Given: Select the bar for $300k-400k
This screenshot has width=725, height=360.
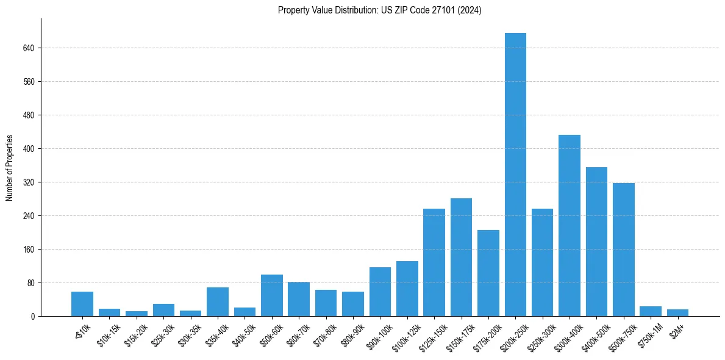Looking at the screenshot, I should (x=570, y=226).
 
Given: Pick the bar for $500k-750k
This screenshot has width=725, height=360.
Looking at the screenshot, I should (x=623, y=250).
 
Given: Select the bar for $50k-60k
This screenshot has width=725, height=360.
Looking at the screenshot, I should (x=272, y=295).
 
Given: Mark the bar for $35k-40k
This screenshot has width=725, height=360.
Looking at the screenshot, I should (x=218, y=302).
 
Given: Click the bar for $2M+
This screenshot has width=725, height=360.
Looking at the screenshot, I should (x=677, y=313).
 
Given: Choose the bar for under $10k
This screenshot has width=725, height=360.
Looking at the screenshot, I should (x=82, y=304).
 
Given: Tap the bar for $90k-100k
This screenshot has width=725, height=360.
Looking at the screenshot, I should (x=380, y=292).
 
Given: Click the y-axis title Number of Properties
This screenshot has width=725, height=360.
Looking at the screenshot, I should (x=9, y=168).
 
